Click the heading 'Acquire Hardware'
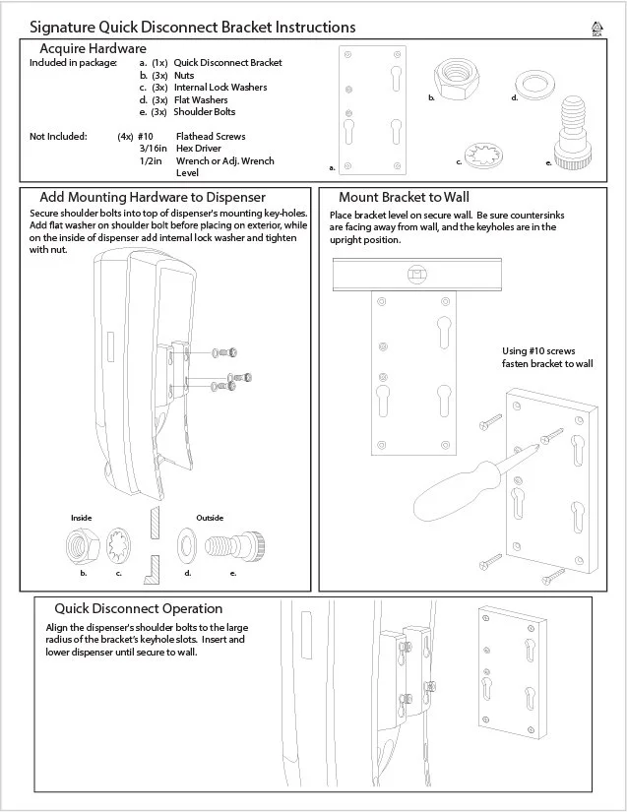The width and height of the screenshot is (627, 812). (94, 48)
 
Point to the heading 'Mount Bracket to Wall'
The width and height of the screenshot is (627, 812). (404, 197)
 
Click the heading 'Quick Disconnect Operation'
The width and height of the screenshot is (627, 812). (139, 608)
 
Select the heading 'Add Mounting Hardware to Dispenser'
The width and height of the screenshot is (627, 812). (153, 197)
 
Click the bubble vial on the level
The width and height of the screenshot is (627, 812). (416, 274)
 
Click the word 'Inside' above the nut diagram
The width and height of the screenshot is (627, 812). (82, 518)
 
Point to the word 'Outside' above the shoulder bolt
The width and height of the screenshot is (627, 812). (210, 518)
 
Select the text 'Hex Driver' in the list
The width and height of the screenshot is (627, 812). (199, 149)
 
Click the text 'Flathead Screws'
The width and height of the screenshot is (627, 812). (211, 137)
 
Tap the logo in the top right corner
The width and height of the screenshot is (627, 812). (596, 29)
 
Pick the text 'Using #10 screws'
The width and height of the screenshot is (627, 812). (538, 351)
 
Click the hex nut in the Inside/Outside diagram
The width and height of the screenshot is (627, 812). (83, 546)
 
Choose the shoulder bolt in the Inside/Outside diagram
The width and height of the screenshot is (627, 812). (235, 547)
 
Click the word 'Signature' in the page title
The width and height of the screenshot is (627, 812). (62, 28)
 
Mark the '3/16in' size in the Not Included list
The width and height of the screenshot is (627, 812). (154, 149)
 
